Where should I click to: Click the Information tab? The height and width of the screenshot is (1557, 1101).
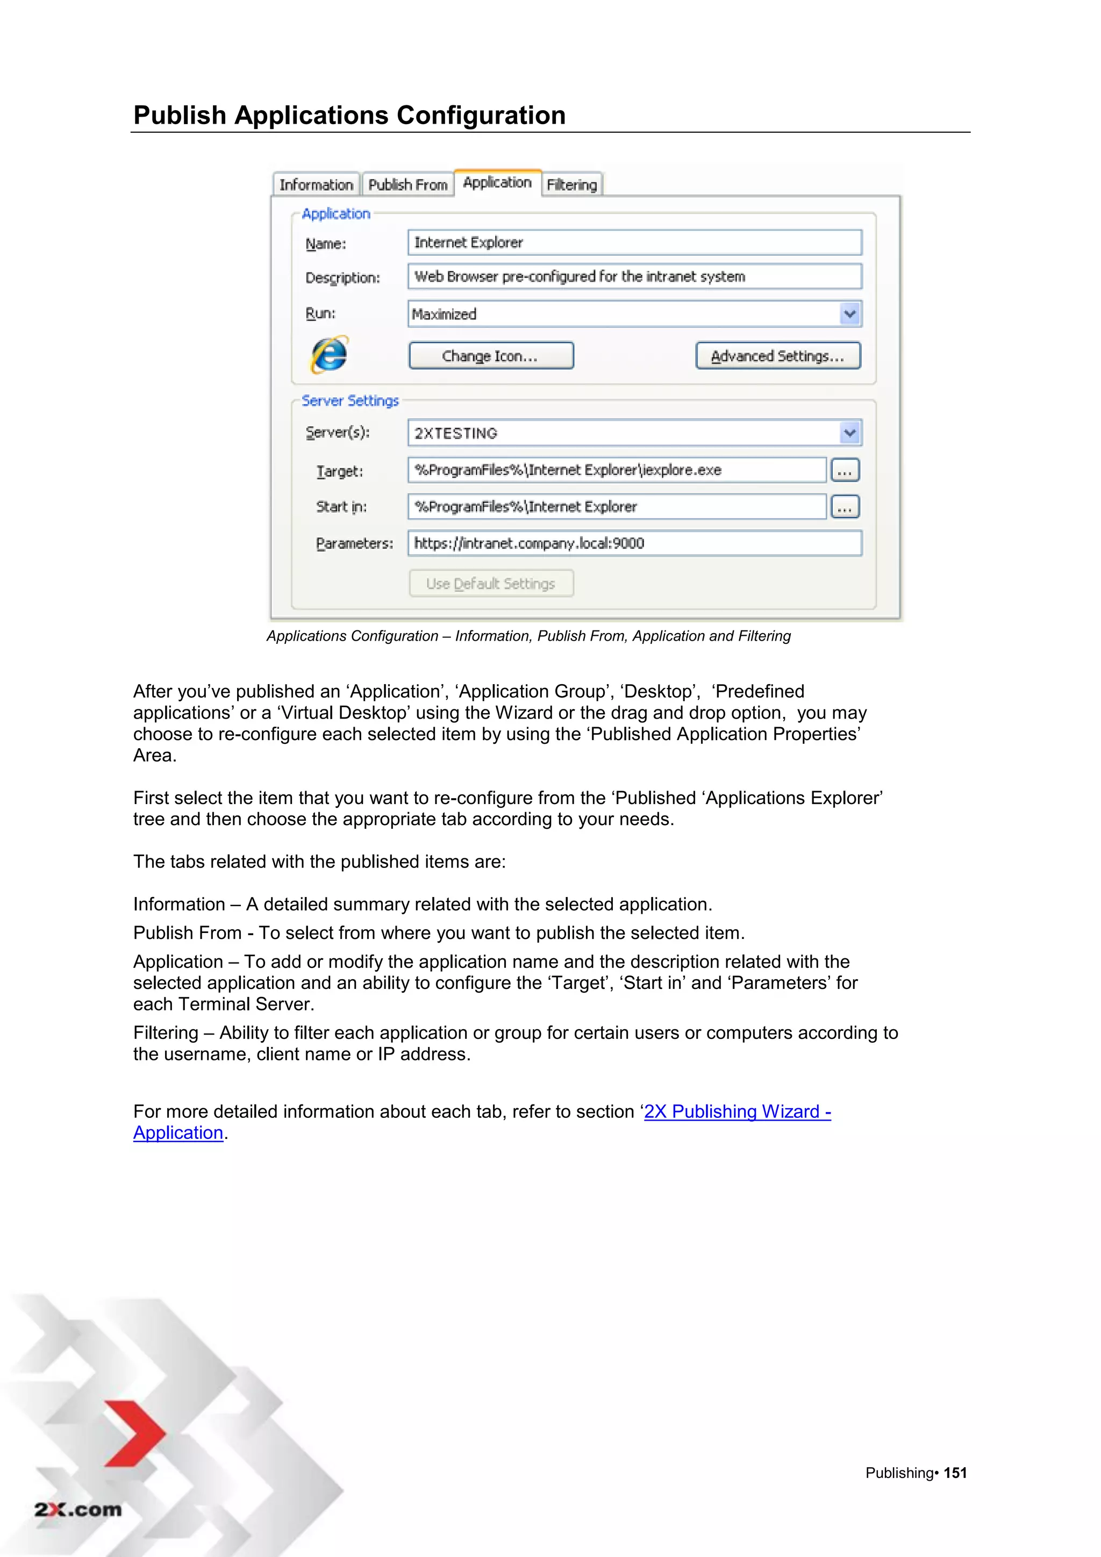316,184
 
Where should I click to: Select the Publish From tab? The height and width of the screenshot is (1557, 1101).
407,184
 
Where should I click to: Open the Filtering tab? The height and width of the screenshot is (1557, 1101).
572,184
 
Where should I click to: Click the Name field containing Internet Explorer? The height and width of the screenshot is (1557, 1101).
634,243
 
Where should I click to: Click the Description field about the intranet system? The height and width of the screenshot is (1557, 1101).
634,277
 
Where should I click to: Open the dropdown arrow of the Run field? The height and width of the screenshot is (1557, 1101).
849,314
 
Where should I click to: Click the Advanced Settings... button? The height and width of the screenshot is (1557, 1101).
777,356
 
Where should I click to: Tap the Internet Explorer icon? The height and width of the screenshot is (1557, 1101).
330,355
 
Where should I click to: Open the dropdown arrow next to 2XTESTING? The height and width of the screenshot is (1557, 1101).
849,433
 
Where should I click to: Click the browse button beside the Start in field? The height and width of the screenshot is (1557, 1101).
845,507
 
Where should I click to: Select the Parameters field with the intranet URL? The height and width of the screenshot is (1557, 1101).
634,543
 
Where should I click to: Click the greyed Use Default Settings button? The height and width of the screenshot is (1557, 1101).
491,584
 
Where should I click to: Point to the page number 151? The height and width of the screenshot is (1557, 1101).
955,1473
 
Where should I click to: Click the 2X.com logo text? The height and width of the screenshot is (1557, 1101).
78,1510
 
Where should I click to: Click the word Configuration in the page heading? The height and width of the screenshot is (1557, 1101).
481,115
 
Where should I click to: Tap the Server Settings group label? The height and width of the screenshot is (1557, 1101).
350,401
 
